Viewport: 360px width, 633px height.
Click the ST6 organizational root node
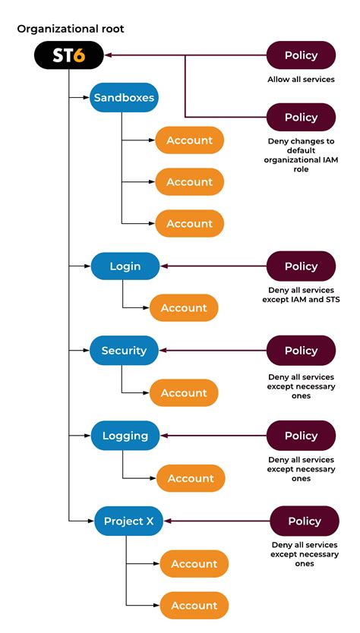coord(68,55)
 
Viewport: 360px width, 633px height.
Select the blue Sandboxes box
coord(124,98)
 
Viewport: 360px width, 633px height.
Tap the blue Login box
coord(125,266)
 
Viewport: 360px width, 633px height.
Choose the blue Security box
coord(124,351)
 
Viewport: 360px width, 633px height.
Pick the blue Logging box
coord(125,436)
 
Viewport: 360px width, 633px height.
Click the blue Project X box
coord(129,521)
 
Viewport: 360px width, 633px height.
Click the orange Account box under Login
coord(184,308)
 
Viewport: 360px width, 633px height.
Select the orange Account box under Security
coord(184,393)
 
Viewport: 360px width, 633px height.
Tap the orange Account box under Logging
coord(191,478)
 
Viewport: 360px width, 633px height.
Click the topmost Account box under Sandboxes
coord(190,140)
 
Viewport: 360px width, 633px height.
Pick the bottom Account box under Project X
coord(194,606)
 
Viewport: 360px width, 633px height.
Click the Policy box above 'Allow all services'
coord(301,55)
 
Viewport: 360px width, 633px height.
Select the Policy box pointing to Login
coord(301,266)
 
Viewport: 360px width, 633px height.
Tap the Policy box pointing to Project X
coord(305,521)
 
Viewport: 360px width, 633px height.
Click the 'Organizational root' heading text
coord(71,29)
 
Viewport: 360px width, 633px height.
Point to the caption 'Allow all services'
coord(301,80)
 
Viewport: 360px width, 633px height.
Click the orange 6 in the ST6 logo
coord(78,55)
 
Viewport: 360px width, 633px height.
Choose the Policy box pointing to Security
coord(301,351)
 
